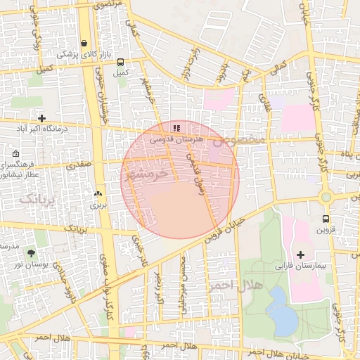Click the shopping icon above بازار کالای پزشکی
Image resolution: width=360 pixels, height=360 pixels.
84,43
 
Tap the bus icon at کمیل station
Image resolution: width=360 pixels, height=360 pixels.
120,62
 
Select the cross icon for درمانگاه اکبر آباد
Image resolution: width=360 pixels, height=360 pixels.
42,118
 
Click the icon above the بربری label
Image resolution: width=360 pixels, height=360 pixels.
97,194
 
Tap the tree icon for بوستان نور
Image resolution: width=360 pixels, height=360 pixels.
31,252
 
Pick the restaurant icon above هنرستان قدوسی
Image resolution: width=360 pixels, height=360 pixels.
176,128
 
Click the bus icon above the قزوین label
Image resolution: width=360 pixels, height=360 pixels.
325,219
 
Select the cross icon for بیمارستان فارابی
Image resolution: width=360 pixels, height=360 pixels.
301,254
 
